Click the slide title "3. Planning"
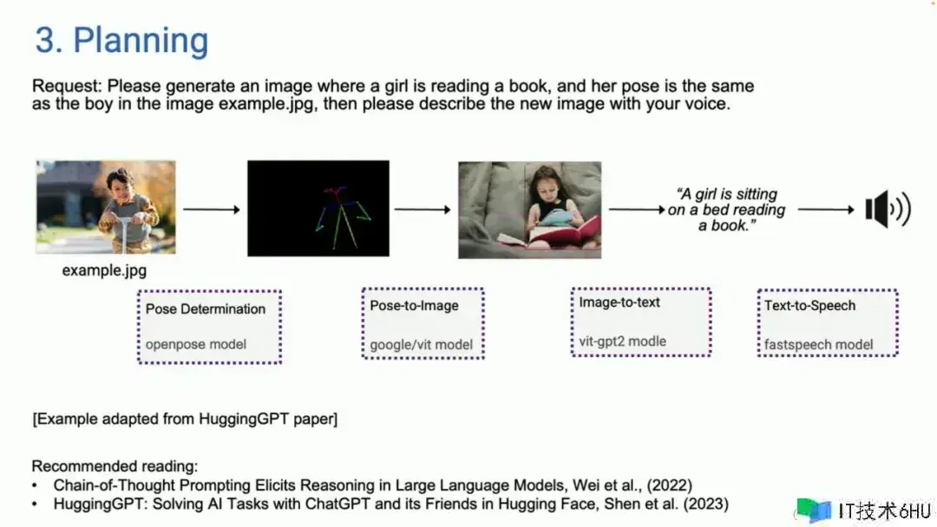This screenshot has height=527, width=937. point(121,41)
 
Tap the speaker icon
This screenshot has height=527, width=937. point(888,209)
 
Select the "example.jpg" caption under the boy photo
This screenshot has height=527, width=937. point(104,270)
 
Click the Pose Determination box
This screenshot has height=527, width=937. point(209,327)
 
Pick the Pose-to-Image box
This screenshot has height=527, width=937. point(423,323)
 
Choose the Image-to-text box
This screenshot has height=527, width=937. point(640,322)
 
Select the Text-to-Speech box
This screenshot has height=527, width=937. point(828,323)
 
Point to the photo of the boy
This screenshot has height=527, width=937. point(106,206)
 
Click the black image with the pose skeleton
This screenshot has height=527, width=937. point(318,208)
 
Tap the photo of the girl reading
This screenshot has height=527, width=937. point(529,210)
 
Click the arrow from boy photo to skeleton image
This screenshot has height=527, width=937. point(212,210)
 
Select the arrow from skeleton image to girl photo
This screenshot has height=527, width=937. point(423,210)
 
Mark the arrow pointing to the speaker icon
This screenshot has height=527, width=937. point(827,210)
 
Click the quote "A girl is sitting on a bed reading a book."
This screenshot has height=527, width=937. point(727,210)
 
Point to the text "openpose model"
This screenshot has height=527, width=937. point(196,344)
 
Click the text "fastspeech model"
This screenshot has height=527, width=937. point(819,344)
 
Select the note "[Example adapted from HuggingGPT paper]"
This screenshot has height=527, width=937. point(185,419)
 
